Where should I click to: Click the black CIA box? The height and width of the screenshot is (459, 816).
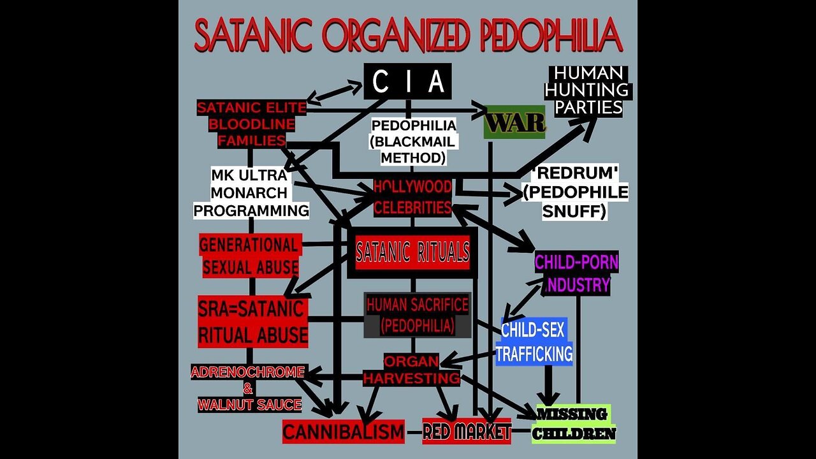407,81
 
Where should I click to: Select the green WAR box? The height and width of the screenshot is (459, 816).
514,122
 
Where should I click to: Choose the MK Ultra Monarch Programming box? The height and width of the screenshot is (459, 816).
251,192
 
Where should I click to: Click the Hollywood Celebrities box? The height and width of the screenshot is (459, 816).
412,197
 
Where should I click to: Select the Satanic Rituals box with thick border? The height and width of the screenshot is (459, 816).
412,252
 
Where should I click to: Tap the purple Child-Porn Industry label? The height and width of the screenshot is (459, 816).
576,272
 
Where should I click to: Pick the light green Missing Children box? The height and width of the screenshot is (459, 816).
574,424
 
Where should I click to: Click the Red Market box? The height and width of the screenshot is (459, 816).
467,432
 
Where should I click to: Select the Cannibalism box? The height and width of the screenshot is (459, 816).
344,432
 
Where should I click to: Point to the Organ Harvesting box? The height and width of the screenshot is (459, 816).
411,370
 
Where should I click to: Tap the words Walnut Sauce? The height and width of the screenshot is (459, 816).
249,404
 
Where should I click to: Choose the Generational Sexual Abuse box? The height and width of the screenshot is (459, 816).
250,256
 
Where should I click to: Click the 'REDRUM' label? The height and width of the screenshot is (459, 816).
575,172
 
